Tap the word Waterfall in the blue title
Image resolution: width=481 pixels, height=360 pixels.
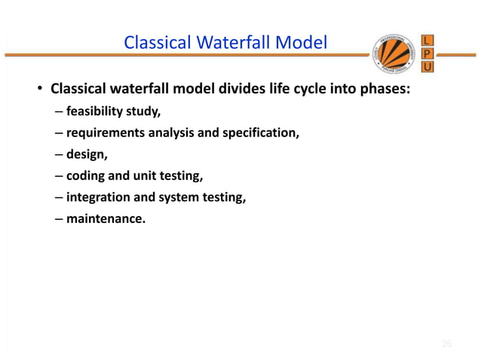pos(226,43)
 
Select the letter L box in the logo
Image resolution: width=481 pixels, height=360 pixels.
pos(427,40)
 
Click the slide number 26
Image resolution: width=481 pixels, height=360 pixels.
pos(446,344)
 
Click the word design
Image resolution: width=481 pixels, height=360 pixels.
pos(84,156)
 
